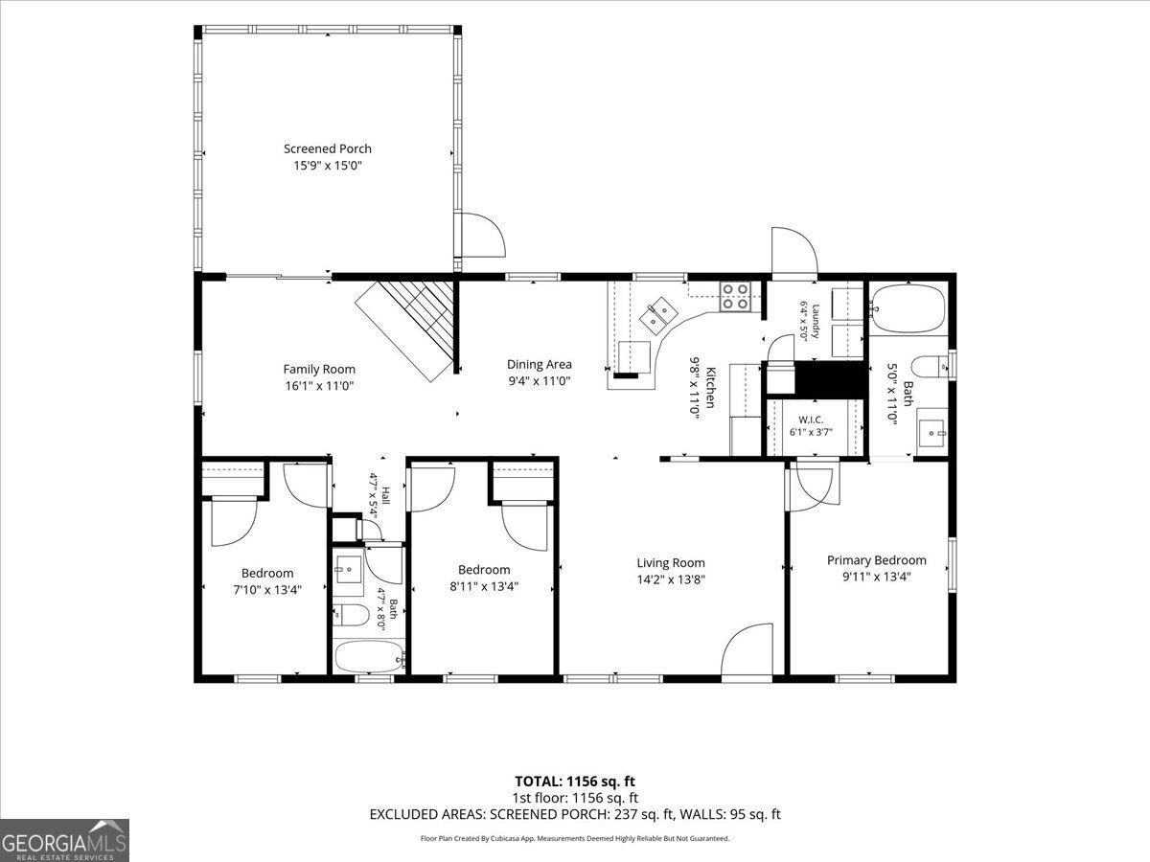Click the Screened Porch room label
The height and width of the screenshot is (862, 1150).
pos(328,148)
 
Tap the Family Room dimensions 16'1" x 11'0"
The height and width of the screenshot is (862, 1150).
pos(319,386)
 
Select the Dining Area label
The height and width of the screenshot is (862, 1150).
pos(540,364)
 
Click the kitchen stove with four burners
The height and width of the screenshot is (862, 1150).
pos(735,296)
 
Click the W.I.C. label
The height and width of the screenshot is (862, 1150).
pos(811,420)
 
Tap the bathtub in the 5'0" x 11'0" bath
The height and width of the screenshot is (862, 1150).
pos(908,307)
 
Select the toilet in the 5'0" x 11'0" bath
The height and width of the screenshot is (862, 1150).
pos(930,367)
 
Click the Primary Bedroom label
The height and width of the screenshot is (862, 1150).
pos(877,560)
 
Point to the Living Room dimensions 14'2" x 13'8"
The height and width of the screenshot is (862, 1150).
pos(671,579)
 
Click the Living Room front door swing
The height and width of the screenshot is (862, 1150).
pos(747,649)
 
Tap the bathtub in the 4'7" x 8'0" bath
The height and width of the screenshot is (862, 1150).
pos(369,657)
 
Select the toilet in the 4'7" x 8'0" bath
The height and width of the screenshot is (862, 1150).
pos(351,615)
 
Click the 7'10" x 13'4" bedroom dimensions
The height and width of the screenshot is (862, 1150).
pos(267,590)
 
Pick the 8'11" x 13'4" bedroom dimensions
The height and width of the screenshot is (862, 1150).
pos(484,586)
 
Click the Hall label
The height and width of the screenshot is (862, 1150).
pos(385,495)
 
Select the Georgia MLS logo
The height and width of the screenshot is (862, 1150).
pos(64,841)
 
